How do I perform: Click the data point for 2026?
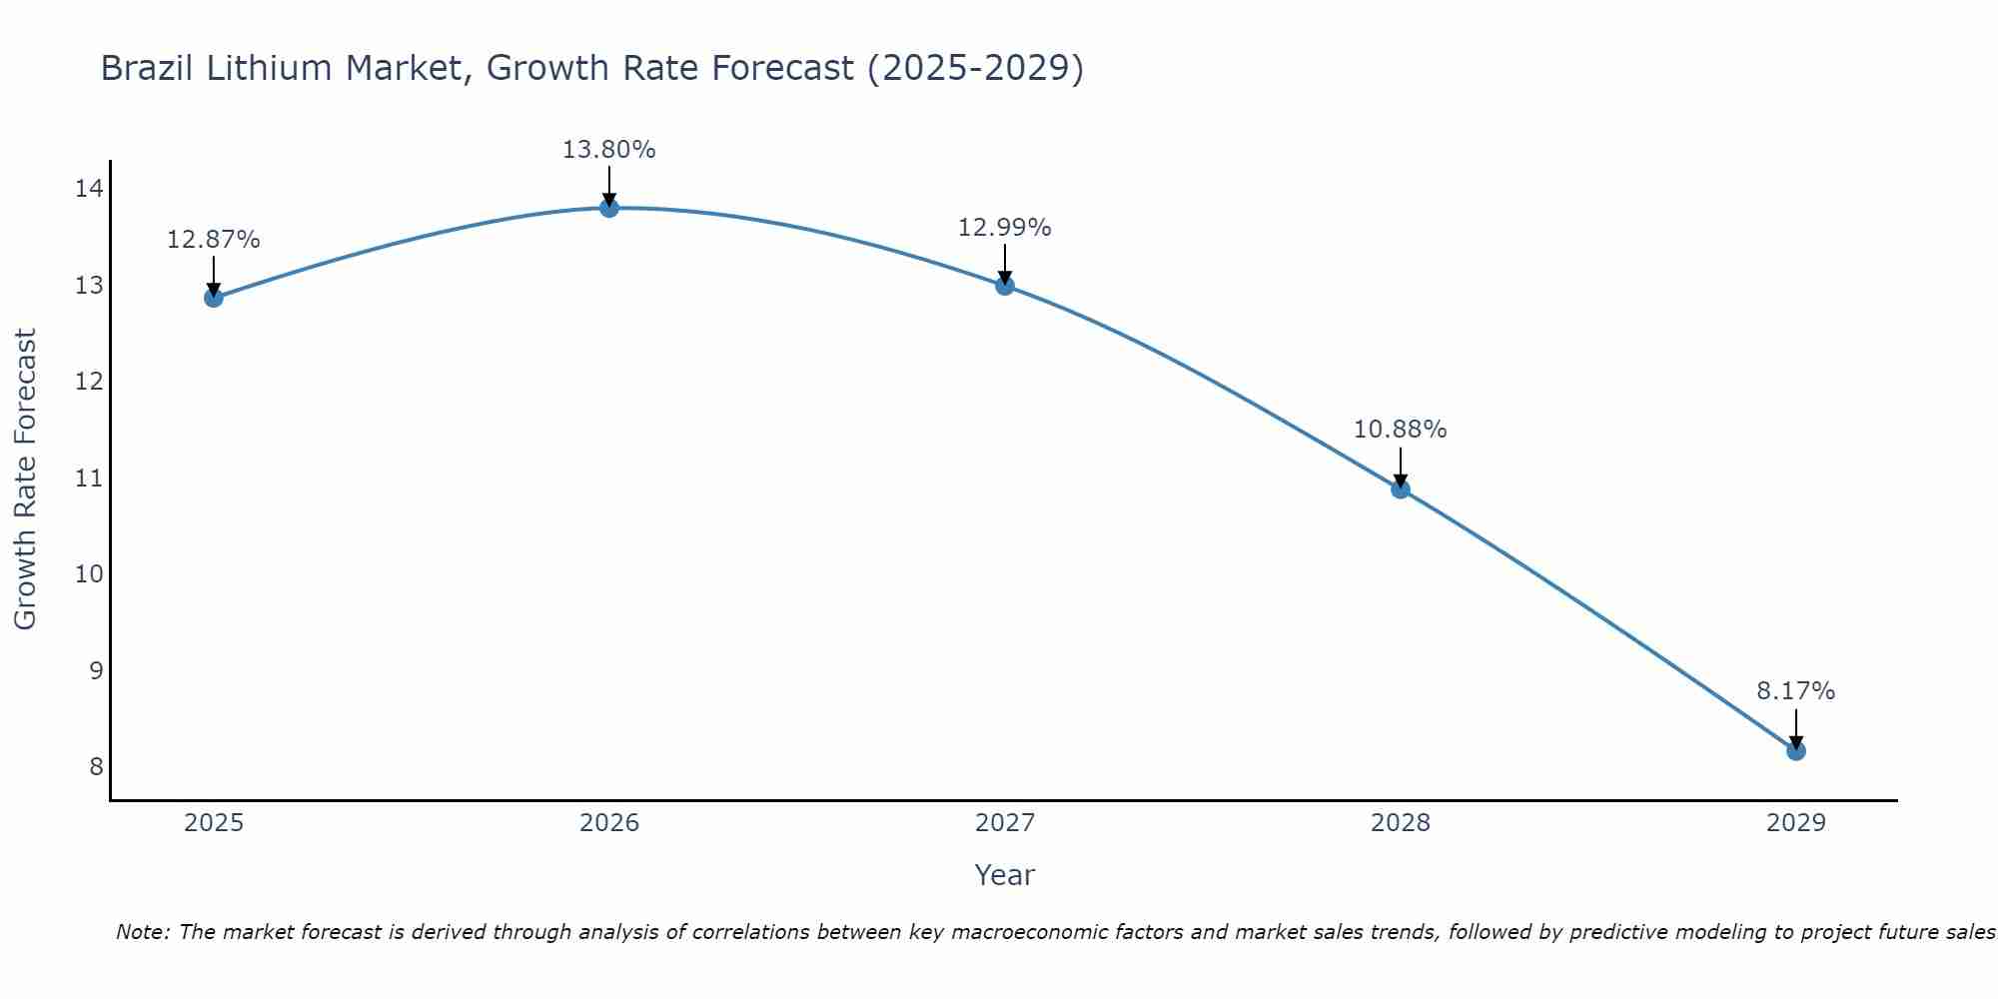coord(609,208)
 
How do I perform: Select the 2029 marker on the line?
coord(1795,750)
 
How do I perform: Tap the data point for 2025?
coord(214,298)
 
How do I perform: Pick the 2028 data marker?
coord(1401,489)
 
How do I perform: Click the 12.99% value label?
coord(1004,228)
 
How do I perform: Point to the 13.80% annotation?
coord(608,150)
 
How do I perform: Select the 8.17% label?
coord(1795,691)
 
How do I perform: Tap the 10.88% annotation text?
coord(1400,430)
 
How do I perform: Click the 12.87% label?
coord(213,240)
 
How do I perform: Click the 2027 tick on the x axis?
coord(1005,823)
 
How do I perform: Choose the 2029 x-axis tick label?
coord(1795,823)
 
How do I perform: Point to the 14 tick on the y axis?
coord(89,189)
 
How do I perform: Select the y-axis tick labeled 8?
coord(96,766)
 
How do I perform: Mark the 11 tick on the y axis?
coord(89,478)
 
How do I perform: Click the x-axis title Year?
coord(1004,875)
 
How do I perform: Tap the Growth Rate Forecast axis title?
coord(25,479)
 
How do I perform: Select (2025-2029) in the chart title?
coord(975,69)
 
